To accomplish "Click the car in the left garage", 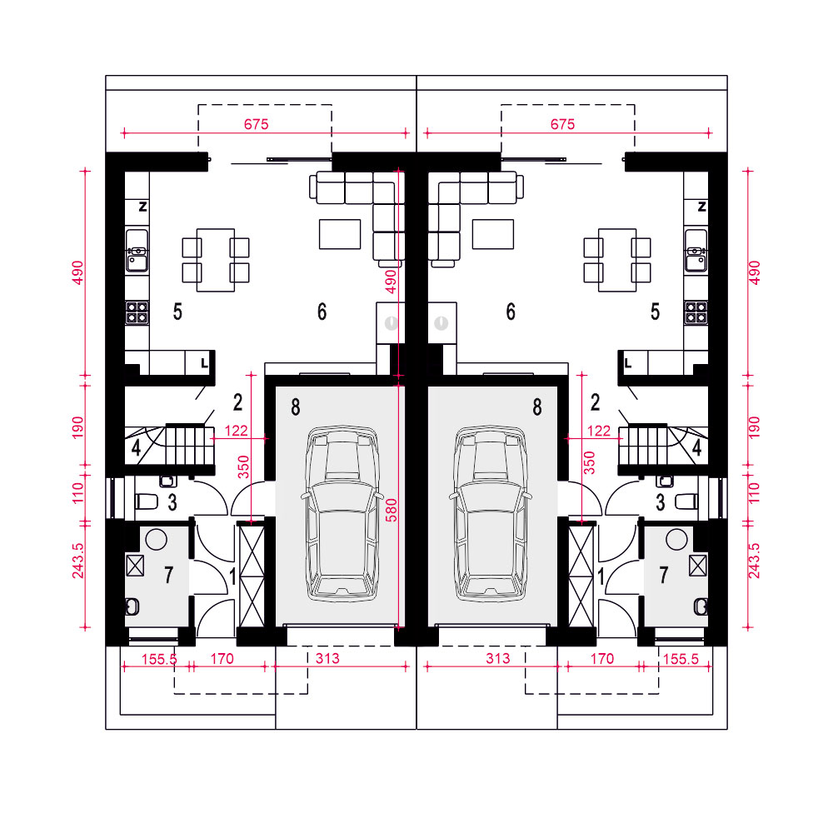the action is (342, 512).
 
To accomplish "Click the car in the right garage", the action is (491, 512).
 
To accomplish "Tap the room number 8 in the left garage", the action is (296, 407).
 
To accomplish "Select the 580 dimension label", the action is (391, 510).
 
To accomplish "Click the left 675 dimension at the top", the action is (256, 124).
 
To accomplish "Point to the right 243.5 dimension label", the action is (754, 560).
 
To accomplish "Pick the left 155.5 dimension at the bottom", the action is (159, 659).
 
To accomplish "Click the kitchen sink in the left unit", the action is (137, 250).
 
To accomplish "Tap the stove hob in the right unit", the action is (696, 312).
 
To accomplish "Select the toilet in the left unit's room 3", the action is (147, 501).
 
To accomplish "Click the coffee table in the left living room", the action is (340, 234).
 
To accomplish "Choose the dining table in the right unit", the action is (617, 260).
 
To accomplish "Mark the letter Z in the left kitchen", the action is (142, 207).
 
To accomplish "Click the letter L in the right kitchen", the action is (628, 363).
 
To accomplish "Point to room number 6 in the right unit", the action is (511, 312).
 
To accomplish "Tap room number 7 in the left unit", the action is (168, 575).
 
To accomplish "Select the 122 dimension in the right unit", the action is (599, 431).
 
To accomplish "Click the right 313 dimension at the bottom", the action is (498, 659).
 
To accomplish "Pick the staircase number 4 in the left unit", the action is (136, 448).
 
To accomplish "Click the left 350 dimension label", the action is (243, 466).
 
